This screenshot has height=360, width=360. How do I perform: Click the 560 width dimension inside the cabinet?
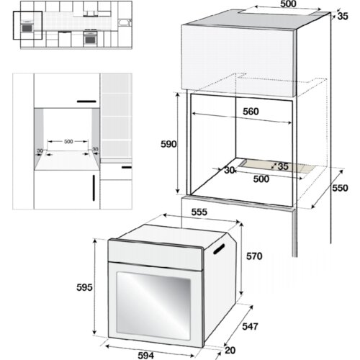251,112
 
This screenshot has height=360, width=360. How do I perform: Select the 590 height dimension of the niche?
168,144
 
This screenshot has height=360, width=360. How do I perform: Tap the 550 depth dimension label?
340,188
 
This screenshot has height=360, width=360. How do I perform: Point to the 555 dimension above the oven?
199,212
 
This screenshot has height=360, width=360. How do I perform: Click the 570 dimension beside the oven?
254,256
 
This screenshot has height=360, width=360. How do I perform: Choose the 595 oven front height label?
84,287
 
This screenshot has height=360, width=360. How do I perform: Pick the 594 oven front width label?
146,356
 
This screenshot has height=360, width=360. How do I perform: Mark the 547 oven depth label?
250,326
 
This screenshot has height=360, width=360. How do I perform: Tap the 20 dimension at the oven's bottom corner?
230,351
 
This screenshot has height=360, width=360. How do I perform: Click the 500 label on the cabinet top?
288,4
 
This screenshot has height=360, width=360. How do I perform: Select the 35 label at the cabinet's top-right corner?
343,16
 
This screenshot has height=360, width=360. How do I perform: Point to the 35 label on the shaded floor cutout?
283,166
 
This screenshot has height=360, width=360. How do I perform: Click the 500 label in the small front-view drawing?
68,142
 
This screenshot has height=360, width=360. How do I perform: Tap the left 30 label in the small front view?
40,151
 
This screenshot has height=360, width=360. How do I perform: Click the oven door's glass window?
153,306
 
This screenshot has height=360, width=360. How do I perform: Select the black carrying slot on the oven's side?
219,248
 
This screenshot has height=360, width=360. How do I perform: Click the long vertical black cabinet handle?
94,188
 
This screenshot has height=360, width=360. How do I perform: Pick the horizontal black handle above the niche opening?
86,102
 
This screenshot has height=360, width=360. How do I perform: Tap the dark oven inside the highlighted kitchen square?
27,28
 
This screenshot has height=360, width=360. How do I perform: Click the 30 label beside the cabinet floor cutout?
229,170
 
